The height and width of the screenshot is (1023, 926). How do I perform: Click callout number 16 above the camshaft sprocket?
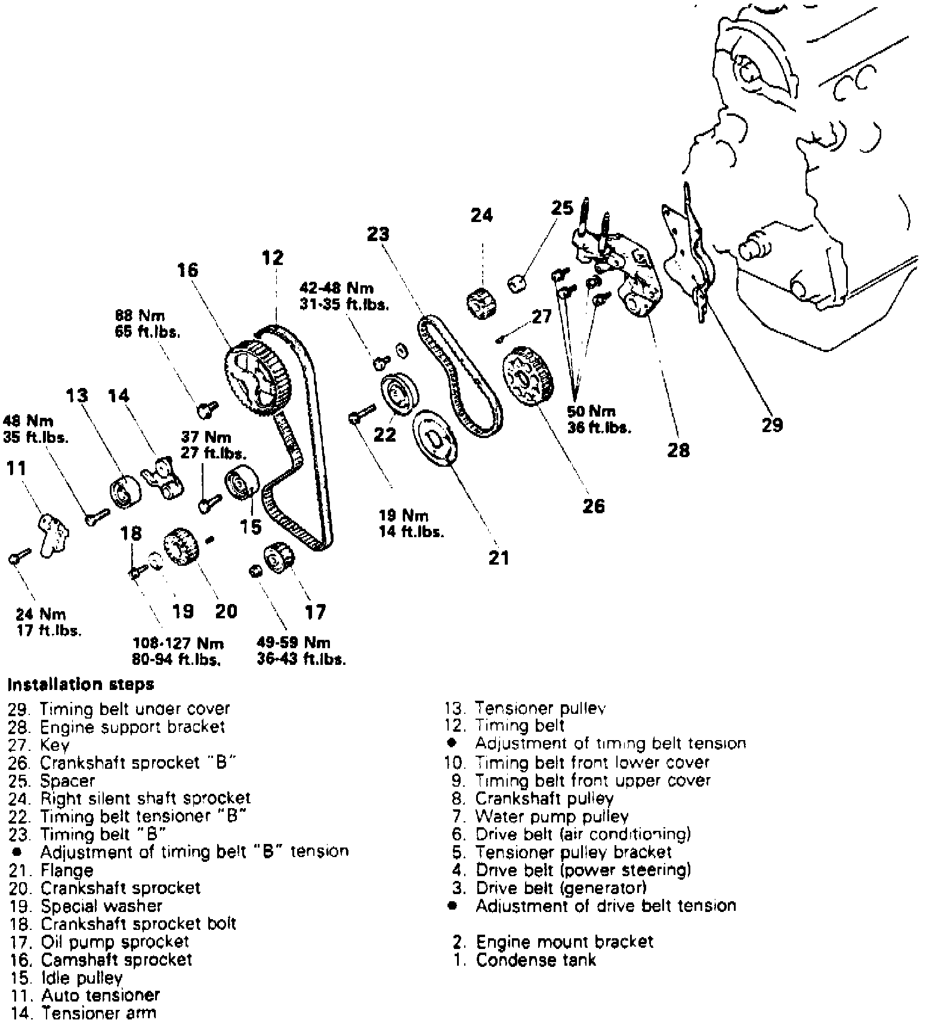(x=187, y=270)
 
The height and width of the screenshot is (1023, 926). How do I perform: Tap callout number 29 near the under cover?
(x=771, y=425)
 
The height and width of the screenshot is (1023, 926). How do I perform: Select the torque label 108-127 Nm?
(x=178, y=643)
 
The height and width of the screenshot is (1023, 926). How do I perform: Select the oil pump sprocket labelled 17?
(x=279, y=557)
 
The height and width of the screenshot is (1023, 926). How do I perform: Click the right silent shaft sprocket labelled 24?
(x=482, y=303)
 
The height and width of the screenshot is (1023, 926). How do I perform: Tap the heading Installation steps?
(x=81, y=684)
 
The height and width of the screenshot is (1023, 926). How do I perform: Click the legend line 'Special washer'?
(x=101, y=905)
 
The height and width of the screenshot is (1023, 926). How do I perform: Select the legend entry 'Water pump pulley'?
(x=551, y=816)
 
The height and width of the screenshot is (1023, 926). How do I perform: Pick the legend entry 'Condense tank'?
(x=535, y=960)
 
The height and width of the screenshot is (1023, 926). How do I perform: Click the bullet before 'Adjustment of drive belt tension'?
(x=453, y=905)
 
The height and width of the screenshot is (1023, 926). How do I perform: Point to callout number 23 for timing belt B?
(x=378, y=234)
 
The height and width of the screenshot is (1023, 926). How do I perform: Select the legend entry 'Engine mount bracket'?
(x=564, y=942)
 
